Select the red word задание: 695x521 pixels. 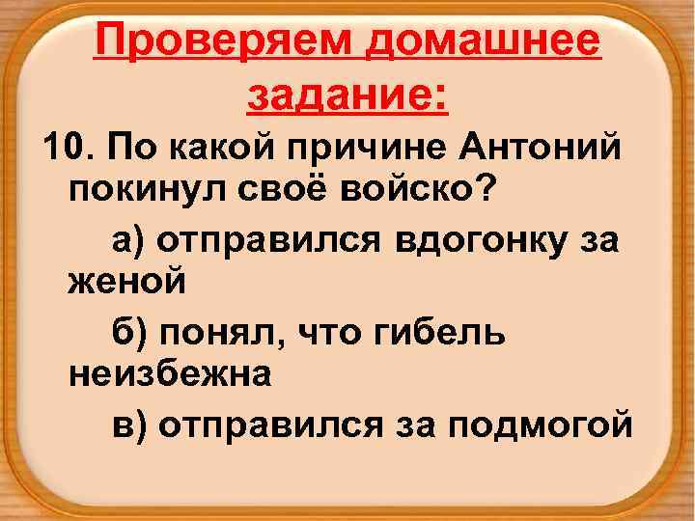click(347, 95)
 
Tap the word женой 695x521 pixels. click(125, 284)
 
